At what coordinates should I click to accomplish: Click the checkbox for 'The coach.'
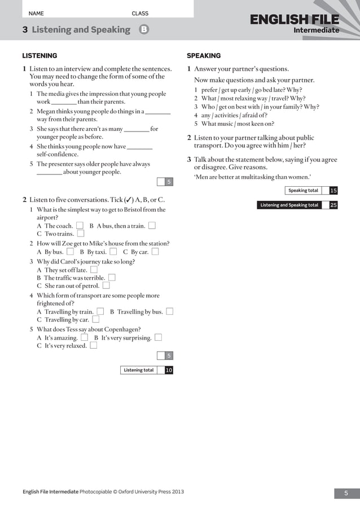tap(80, 226)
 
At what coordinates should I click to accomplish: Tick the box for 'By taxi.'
tap(113, 252)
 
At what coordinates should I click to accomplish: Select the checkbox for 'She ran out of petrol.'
tap(106, 286)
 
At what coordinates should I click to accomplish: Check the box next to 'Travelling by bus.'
tap(170, 311)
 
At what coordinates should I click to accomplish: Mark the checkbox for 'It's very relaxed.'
tap(94, 346)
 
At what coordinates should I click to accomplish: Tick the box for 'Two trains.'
tap(81, 234)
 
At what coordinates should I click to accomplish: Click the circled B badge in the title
tap(144, 29)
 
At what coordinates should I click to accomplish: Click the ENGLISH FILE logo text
tap(295, 21)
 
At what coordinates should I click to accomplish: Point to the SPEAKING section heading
tap(204, 56)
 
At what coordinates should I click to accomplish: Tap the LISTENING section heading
tap(39, 56)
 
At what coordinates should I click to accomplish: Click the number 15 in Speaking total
tap(333, 191)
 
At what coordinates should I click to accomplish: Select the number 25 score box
tap(333, 205)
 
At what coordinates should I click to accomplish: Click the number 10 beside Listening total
tap(169, 370)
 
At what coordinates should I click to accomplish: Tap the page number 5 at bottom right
tap(346, 494)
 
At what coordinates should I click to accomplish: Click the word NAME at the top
tap(36, 14)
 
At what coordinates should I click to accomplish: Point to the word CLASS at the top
tap(140, 14)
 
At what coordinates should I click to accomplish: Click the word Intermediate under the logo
tap(316, 30)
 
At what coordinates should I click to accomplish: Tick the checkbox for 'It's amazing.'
tap(84, 337)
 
